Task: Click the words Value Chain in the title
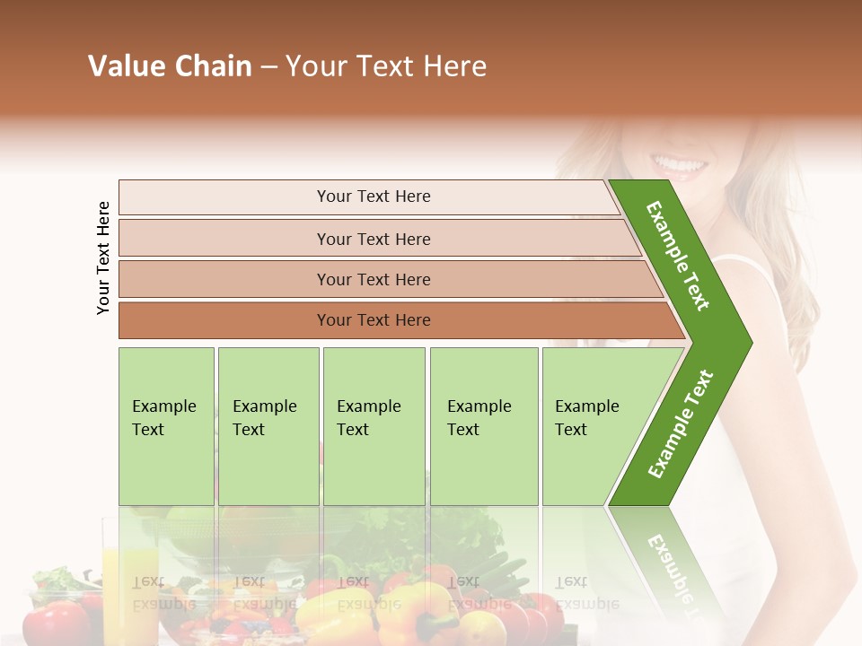pos(170,66)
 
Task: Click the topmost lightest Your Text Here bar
pos(373,196)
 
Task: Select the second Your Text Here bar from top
pos(373,239)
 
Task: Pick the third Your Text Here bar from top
pos(373,279)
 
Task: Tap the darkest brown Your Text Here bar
pos(373,320)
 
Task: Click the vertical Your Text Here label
pos(103,258)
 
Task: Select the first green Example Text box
pos(166,426)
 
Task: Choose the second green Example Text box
pos(268,426)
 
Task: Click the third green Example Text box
pos(373,426)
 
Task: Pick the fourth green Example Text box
pos(483,426)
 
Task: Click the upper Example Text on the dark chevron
pos(678,256)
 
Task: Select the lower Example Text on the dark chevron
pos(681,423)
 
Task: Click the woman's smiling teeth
pos(680,166)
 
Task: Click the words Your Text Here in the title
pos(386,66)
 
